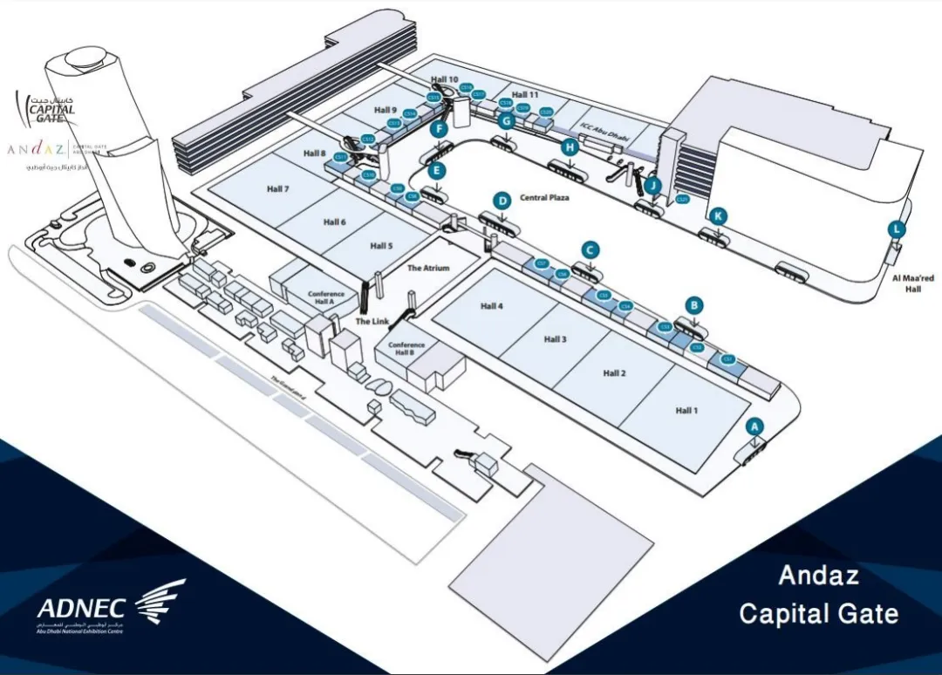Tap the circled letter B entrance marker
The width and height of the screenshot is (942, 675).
click(694, 305)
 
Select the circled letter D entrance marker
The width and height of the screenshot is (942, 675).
click(502, 201)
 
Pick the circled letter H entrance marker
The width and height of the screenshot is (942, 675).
click(570, 147)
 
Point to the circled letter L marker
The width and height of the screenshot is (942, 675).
click(896, 229)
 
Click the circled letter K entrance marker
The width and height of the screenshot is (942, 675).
click(718, 215)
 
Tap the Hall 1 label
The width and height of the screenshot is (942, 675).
click(686, 410)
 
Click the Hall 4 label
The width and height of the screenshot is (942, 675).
click(492, 306)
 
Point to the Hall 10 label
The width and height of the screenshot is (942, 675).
click(446, 79)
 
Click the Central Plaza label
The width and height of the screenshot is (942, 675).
click(544, 198)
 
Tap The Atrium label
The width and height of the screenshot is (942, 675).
click(428, 268)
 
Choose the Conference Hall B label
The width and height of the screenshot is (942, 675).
click(406, 349)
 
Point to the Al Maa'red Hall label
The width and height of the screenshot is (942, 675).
click(913, 283)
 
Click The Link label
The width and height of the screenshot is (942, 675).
click(372, 322)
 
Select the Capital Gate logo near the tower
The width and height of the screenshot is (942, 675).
click(51, 108)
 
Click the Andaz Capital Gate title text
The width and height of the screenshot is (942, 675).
click(818, 595)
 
